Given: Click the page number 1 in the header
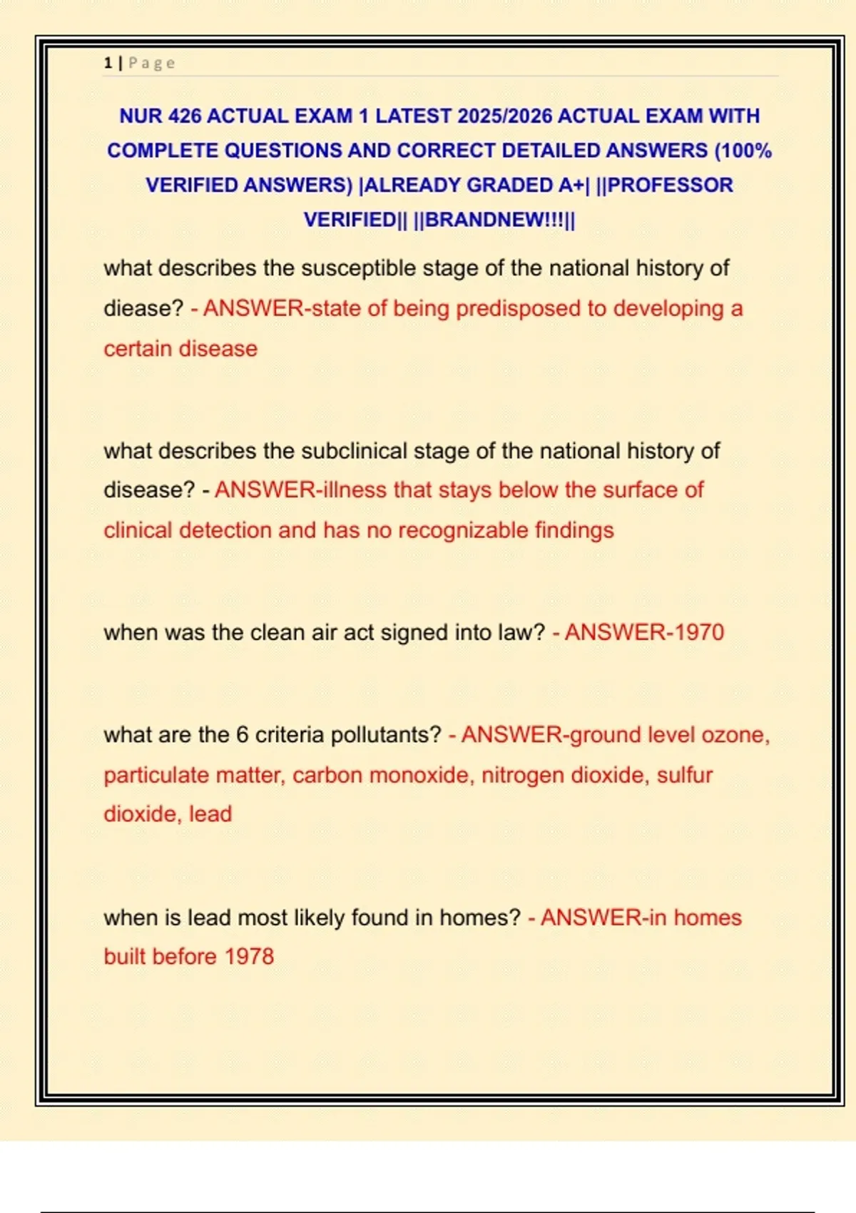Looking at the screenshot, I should point(108,63).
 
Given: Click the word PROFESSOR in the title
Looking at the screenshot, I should point(670,185).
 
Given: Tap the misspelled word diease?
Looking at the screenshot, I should point(143,308).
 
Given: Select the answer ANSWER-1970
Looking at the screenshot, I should point(644,632).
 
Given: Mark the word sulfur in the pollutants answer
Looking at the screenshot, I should point(685,775).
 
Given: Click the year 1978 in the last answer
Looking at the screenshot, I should point(249,956).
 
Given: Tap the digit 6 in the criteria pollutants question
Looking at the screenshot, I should point(242,735).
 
